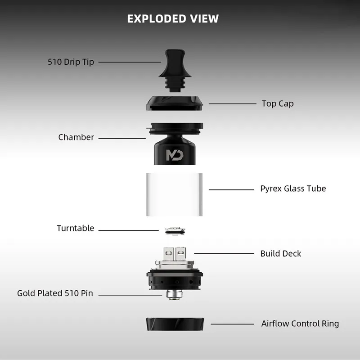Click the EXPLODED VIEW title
point(173,19)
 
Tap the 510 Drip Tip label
point(71,62)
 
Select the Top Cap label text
point(278,103)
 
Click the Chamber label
point(76,137)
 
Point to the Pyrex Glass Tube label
point(293,189)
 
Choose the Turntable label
point(75,228)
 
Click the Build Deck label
point(281,253)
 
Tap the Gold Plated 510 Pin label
point(55,293)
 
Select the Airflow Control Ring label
point(300,324)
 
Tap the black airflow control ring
point(175,324)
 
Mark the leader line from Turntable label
point(128,230)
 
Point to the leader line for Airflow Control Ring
point(232,324)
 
